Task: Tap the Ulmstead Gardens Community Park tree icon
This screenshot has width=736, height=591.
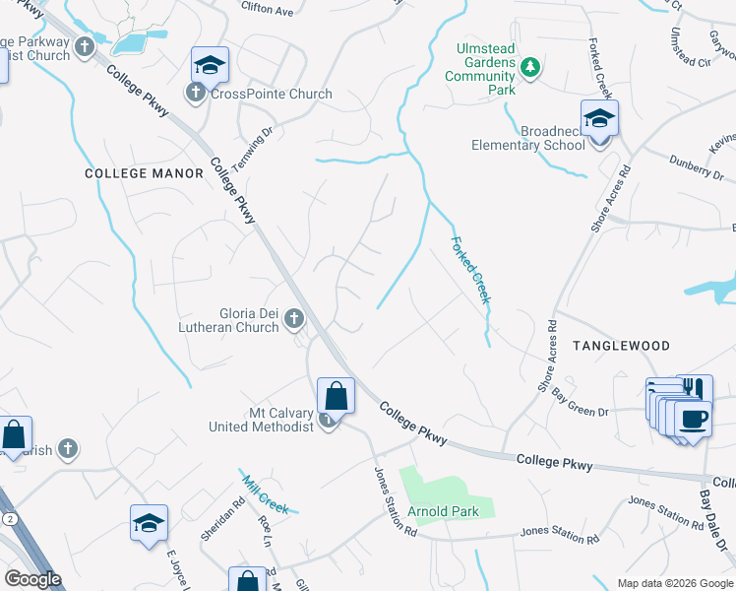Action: tap(530, 66)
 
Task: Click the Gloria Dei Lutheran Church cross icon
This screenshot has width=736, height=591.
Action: tap(293, 318)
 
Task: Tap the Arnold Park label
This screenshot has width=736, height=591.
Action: tap(445, 511)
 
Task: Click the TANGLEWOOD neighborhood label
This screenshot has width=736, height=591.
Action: tap(620, 346)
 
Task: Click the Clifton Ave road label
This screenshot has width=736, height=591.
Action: tap(269, 11)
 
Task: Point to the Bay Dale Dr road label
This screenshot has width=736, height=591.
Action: tap(713, 521)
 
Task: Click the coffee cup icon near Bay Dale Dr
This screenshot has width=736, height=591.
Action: tap(695, 419)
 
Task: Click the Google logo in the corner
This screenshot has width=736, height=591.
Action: tap(32, 579)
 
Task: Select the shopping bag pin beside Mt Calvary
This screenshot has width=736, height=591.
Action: tap(337, 397)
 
